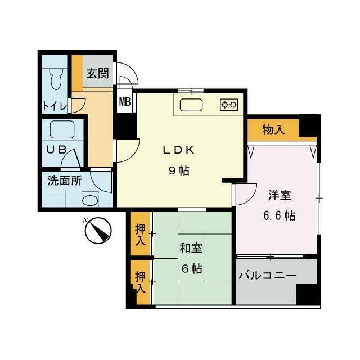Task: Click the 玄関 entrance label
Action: pos(98,73)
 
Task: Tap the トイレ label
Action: pos(55,106)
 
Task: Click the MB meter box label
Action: pos(124,102)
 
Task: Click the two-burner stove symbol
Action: pos(229,104)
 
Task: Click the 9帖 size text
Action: pos(178,171)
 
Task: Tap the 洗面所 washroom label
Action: pos(64,181)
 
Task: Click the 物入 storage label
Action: pos(273,130)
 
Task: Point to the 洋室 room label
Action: pos(279,196)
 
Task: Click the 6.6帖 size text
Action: pos(279,215)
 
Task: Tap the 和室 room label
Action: pos(191,248)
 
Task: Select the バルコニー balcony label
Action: pos(267,276)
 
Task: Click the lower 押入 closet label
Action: pos(140,282)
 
